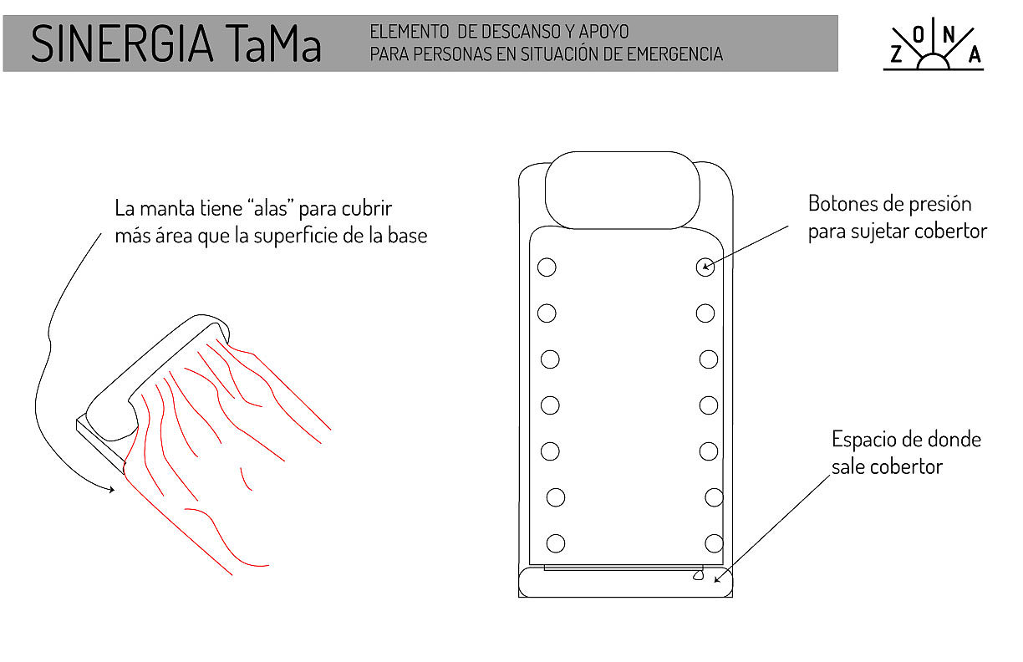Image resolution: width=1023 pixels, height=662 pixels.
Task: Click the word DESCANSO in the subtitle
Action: tap(516, 33)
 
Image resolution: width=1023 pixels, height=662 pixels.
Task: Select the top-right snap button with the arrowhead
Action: tap(705, 267)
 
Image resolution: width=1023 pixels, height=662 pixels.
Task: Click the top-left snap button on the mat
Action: tap(547, 267)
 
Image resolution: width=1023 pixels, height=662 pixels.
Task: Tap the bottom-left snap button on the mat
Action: tap(556, 543)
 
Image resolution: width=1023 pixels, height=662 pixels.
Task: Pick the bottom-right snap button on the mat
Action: tap(714, 543)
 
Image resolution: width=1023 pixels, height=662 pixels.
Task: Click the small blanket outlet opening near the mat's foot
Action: tap(696, 575)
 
